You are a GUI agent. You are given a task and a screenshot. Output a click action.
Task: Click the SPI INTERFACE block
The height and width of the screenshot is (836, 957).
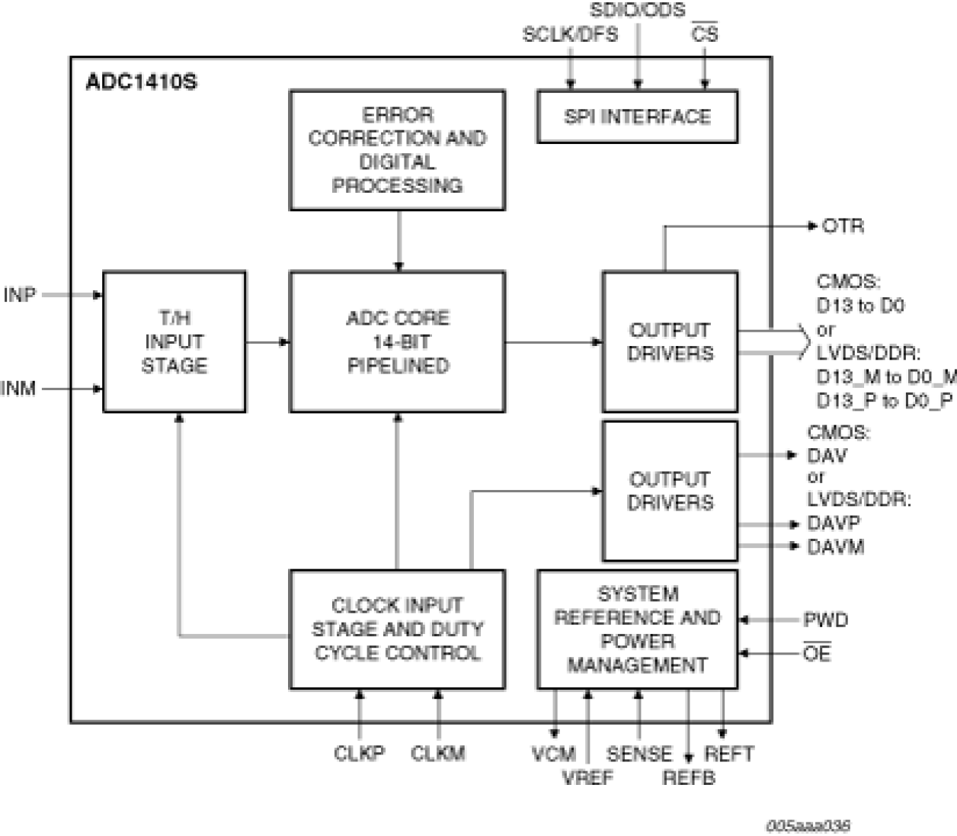pyautogui.click(x=637, y=117)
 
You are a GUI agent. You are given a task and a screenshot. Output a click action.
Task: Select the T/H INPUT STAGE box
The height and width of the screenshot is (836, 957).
pyautogui.click(x=174, y=341)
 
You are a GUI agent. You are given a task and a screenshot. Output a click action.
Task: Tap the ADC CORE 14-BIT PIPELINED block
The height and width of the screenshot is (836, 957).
pyautogui.click(x=397, y=341)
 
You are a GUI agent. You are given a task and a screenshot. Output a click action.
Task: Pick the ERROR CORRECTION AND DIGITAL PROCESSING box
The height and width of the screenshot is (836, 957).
pyautogui.click(x=397, y=150)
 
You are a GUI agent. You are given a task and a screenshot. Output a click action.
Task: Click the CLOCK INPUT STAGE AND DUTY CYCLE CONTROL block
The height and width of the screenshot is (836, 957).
pyautogui.click(x=397, y=629)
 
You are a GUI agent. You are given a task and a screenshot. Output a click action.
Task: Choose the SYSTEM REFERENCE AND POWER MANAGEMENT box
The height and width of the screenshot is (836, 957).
pyautogui.click(x=637, y=629)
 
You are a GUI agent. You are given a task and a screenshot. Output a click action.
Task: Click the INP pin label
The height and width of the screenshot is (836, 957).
pyautogui.click(x=20, y=295)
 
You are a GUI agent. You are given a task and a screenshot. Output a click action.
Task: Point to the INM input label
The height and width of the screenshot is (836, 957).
pyautogui.click(x=18, y=389)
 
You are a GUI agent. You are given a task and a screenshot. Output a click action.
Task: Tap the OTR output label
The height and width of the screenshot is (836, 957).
pyautogui.click(x=843, y=226)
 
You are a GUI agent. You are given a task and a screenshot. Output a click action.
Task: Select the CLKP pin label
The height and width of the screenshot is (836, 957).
pyautogui.click(x=359, y=754)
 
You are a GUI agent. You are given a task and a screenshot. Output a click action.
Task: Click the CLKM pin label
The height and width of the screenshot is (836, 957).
pyautogui.click(x=438, y=754)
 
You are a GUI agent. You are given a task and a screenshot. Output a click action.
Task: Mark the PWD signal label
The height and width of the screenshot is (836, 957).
pyautogui.click(x=826, y=620)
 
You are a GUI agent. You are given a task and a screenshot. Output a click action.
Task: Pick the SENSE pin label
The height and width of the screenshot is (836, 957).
pyautogui.click(x=639, y=754)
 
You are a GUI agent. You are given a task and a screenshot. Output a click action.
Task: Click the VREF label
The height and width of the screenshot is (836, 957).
pyautogui.click(x=587, y=778)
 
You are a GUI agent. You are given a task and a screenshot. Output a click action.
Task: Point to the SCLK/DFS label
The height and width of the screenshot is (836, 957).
pyautogui.click(x=570, y=34)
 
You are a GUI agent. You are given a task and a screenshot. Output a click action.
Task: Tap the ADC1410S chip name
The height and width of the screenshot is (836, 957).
pyautogui.click(x=141, y=82)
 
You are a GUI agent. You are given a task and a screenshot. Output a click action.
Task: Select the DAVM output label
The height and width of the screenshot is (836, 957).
pyautogui.click(x=836, y=547)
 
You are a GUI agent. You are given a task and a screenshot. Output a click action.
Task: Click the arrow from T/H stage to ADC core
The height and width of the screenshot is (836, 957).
pyautogui.click(x=267, y=342)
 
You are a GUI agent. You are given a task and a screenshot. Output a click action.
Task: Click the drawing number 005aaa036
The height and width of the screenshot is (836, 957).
pyautogui.click(x=809, y=826)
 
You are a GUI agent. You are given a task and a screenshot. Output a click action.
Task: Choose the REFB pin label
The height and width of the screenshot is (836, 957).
pyautogui.click(x=689, y=778)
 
